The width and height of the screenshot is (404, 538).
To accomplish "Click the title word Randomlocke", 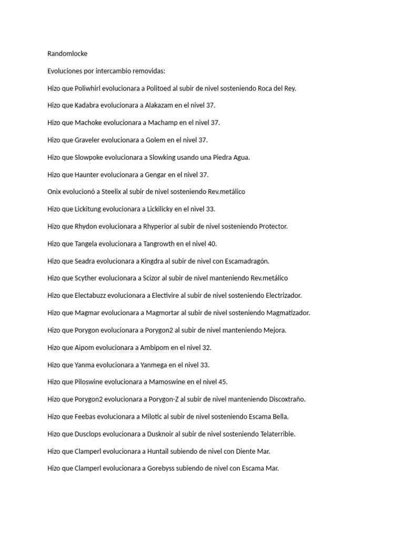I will tap(67, 54).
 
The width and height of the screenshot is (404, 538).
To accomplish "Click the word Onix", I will tap(55, 192).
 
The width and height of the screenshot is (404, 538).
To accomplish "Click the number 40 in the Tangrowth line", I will tap(211, 244).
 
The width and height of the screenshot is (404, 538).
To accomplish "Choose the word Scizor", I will tap(154, 278).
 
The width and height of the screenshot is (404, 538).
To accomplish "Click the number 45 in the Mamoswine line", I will tap(223, 382).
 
